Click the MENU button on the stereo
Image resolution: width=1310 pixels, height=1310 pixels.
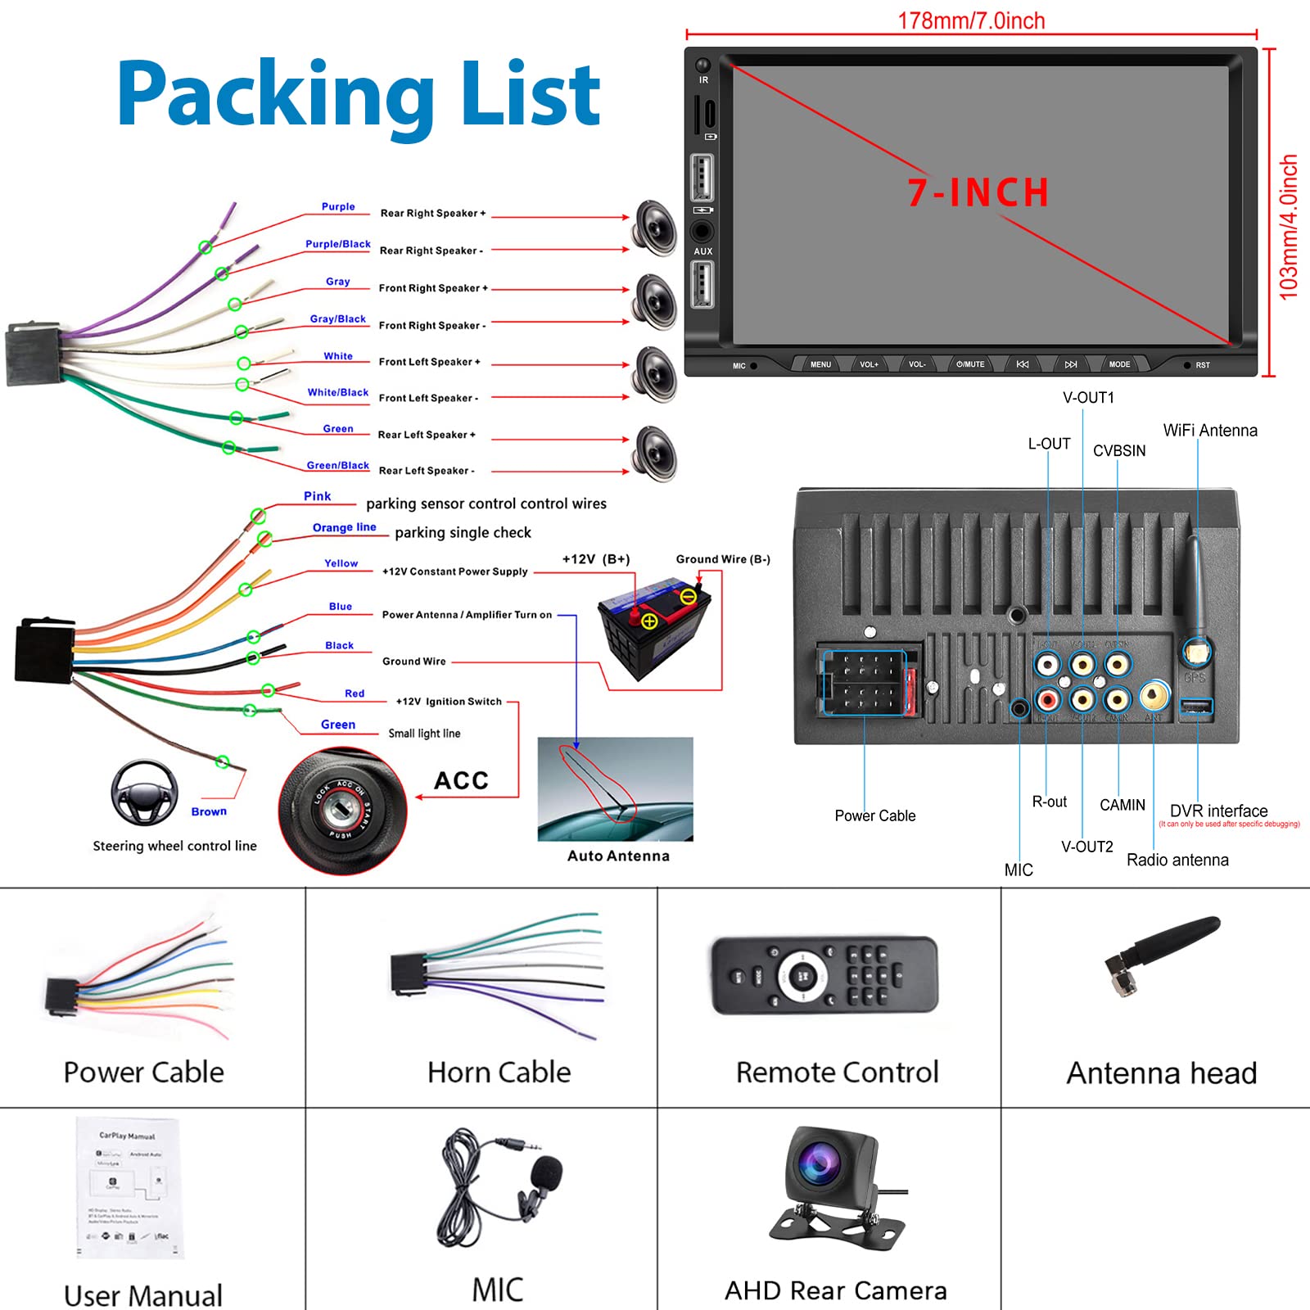coord(820,364)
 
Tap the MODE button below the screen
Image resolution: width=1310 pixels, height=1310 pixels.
coord(1119,364)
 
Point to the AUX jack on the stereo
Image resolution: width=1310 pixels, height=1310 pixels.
coord(702,232)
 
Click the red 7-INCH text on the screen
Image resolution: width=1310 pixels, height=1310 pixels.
coord(978,193)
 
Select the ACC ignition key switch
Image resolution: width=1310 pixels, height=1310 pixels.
coord(342,811)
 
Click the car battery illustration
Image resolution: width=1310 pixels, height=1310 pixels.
coord(655,627)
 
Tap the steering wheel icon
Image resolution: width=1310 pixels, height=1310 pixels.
coord(144,793)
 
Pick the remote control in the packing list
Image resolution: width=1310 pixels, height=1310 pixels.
coord(825,975)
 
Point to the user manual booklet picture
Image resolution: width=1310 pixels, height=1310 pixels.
coord(130,1187)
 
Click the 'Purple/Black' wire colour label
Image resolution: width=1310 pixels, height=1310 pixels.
coord(337,244)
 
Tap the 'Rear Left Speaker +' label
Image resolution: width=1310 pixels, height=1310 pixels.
coord(427,435)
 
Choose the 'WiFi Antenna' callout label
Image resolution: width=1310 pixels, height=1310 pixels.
coord(1210,431)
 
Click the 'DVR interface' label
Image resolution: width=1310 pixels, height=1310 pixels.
coord(1218,811)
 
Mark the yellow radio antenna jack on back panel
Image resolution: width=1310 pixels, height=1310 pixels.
coord(1154,696)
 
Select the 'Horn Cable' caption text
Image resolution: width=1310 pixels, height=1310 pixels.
coord(499,1072)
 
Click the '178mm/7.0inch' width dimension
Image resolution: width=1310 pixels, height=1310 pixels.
coord(971,20)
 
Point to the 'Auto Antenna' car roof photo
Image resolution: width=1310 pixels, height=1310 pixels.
coord(615,788)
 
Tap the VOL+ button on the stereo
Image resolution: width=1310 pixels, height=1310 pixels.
coord(869,364)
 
